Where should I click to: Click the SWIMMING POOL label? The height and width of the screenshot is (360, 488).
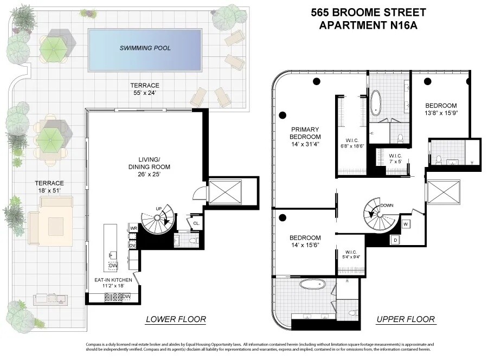[x=145, y=48]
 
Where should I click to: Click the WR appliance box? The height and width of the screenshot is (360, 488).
[x=133, y=229]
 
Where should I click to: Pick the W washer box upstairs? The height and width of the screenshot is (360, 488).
[x=406, y=223]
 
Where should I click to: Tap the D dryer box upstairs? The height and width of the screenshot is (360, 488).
[x=395, y=239]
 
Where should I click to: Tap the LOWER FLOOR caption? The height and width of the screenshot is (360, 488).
[x=176, y=319]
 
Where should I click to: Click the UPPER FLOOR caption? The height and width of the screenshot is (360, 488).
[x=406, y=319]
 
